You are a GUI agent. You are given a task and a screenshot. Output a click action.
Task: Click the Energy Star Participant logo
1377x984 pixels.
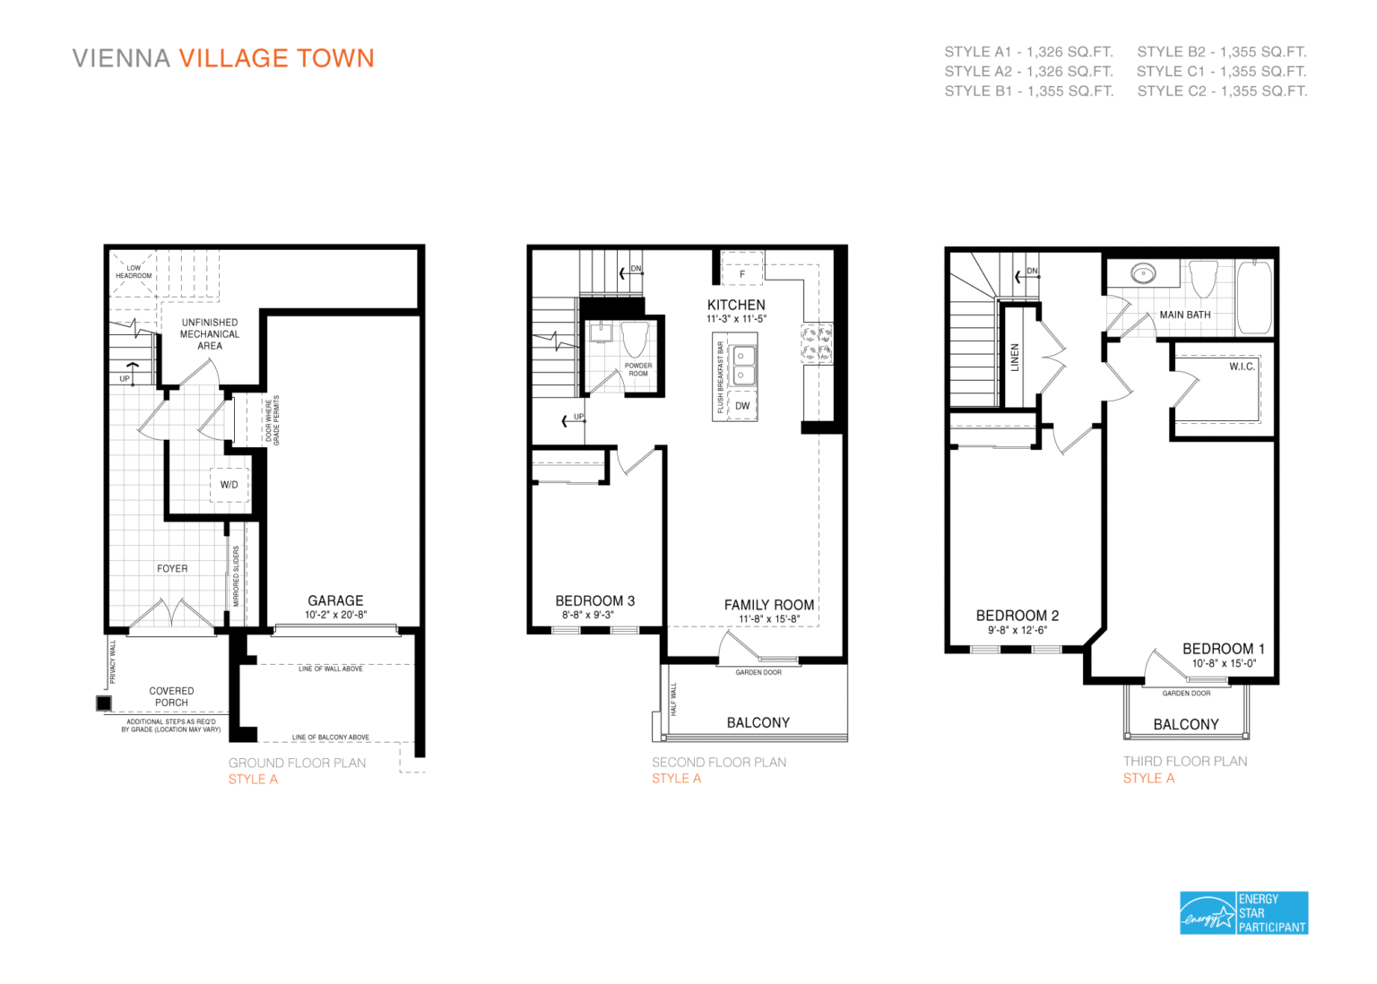[x=1243, y=912]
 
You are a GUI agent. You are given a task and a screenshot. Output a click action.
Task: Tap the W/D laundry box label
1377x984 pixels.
[x=229, y=485]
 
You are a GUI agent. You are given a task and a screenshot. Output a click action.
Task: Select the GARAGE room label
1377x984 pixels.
[x=335, y=600]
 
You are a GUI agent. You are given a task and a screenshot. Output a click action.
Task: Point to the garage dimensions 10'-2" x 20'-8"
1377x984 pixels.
[x=335, y=615]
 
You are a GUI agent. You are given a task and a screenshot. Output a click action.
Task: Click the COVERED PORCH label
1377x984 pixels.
[x=171, y=696]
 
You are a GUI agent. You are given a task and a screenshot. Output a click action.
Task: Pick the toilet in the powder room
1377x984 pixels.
[x=635, y=341]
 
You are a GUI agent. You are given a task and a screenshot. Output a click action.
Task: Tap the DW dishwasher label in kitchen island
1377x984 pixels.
[x=742, y=406]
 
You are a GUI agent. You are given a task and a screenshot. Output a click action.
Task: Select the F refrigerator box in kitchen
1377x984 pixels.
[x=742, y=272]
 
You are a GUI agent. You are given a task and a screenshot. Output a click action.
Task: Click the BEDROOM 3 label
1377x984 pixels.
[x=594, y=600]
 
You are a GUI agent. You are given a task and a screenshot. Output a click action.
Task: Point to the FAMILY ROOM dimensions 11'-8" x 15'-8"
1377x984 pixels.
[x=769, y=619]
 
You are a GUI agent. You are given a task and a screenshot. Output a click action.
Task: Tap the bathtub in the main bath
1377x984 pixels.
[x=1254, y=297]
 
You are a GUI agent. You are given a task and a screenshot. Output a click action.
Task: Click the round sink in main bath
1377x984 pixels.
[x=1143, y=273]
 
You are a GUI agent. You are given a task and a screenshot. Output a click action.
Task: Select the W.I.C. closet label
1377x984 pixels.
[x=1242, y=367]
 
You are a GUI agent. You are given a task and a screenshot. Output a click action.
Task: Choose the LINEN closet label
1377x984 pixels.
[x=1015, y=358]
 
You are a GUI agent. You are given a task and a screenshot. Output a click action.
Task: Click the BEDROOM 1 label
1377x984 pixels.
[x=1223, y=649]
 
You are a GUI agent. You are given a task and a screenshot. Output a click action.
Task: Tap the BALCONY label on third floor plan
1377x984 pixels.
[x=1185, y=724]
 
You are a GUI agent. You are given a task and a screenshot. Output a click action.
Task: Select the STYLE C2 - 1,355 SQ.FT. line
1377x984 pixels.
[x=1222, y=91]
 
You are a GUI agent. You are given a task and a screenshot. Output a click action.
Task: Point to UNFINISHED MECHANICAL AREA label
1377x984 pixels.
[x=210, y=333]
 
